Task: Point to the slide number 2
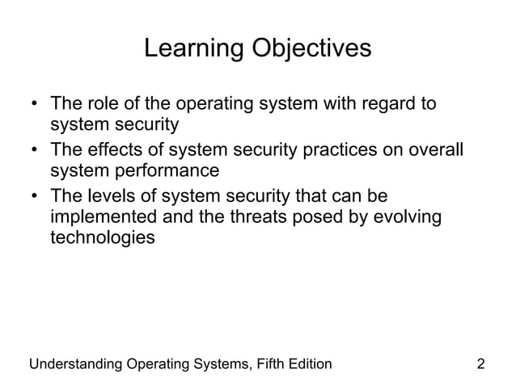pyautogui.click(x=481, y=363)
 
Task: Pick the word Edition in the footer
pyautogui.click(x=307, y=363)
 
